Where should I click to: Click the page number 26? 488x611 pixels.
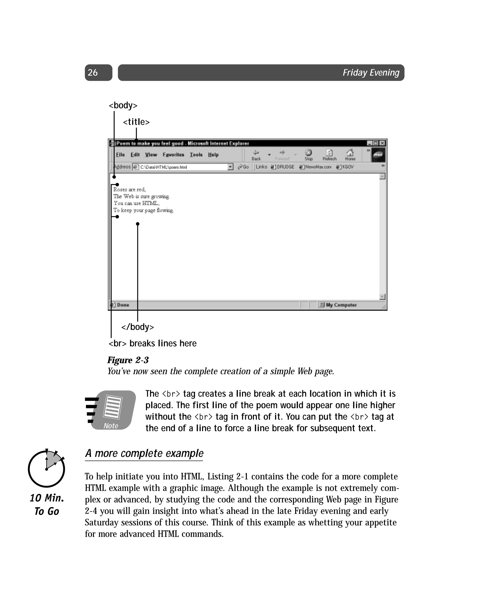[x=93, y=72]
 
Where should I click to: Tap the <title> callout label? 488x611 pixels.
[x=136, y=122]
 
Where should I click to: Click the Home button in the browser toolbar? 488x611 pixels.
[x=350, y=155]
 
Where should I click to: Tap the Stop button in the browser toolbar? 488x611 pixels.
[x=308, y=155]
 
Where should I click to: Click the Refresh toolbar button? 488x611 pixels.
[x=329, y=155]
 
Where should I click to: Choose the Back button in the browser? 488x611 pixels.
[x=256, y=155]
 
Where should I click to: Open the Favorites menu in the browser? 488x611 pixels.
[x=173, y=155]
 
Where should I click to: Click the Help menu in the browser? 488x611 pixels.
[x=213, y=155]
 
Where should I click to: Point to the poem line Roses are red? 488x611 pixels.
[x=129, y=189]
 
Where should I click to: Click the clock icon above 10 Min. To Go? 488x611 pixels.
[x=46, y=468]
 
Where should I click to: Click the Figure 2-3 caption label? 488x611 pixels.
[x=128, y=360]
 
